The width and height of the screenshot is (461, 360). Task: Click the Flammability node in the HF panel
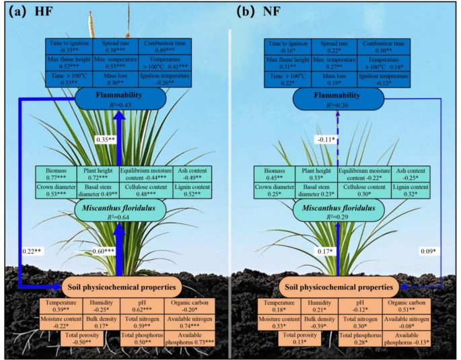pyautogui.click(x=119, y=99)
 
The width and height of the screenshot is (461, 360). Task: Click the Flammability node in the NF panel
pyautogui.click(x=339, y=99)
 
